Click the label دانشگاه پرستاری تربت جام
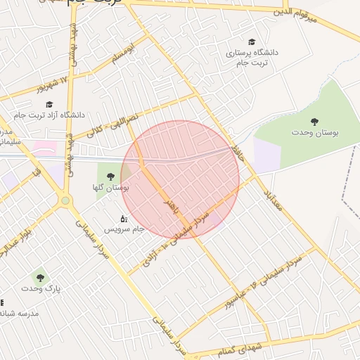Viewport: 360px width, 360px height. [252, 57]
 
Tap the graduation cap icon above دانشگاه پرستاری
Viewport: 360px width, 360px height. [252, 42]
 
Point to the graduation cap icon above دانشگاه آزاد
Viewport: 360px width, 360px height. [49, 104]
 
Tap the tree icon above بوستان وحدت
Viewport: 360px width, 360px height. [314, 122]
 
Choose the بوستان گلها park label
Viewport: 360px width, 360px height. [112, 188]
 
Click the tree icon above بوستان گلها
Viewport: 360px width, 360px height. [111, 176]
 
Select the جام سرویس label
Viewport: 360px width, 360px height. [124, 229]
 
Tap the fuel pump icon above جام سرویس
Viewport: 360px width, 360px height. [124, 218]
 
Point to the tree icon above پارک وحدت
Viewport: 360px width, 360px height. [39, 277]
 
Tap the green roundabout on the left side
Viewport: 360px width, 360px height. [65, 200]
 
